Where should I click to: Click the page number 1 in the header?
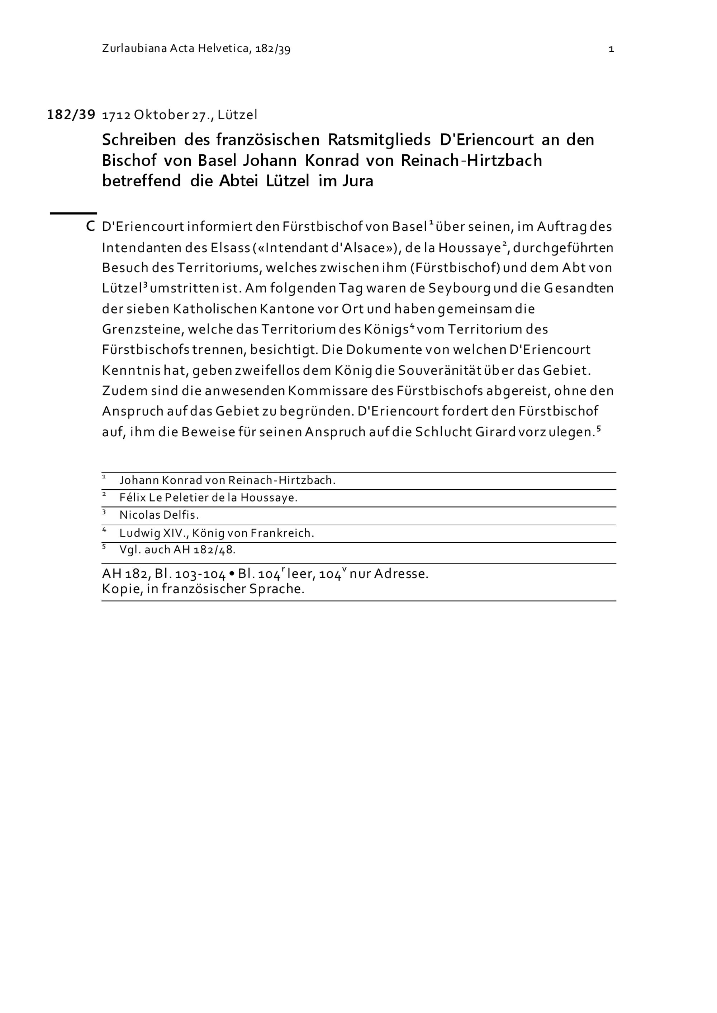tap(611, 49)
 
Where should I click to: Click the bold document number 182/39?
tap(71, 115)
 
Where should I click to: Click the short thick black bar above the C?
tap(73, 213)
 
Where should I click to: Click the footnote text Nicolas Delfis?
tap(159, 515)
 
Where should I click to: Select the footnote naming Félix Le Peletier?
tap(208, 498)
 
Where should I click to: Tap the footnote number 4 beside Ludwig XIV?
tap(104, 529)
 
